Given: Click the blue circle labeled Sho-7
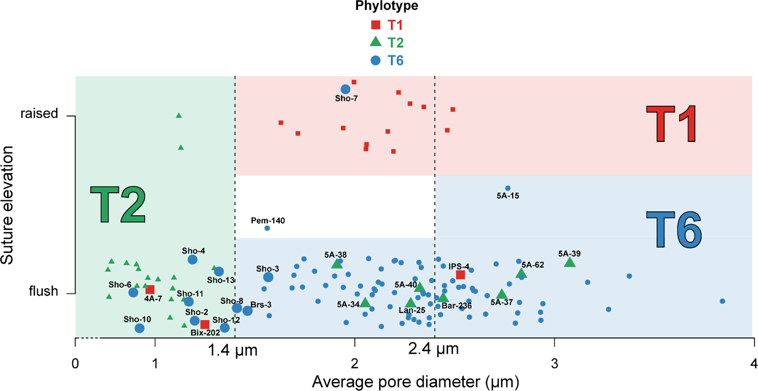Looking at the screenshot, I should [345, 89].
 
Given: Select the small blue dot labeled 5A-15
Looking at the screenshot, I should [508, 188].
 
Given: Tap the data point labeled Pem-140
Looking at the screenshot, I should [267, 228].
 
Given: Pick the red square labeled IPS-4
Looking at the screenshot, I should [460, 275].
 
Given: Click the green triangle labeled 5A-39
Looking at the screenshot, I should [570, 262].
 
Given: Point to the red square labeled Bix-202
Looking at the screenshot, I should [205, 324].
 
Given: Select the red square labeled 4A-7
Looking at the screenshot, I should [150, 290].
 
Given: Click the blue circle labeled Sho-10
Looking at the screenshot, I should [139, 328].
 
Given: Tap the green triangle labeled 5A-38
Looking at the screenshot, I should [337, 264].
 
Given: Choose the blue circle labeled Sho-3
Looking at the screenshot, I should [268, 277].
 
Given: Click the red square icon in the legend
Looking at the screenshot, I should [376, 25].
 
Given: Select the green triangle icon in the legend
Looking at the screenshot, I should [376, 42].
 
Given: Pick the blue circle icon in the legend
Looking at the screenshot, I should [376, 60].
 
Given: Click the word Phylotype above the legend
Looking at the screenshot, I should [387, 6].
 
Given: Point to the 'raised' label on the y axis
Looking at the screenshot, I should [39, 114].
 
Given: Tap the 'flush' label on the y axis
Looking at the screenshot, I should [43, 291].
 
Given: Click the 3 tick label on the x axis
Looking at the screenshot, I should [554, 364].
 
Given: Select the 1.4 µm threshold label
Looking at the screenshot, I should [232, 351].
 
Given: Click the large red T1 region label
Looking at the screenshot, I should [671, 125].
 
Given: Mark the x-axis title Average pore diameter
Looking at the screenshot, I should [415, 382].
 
